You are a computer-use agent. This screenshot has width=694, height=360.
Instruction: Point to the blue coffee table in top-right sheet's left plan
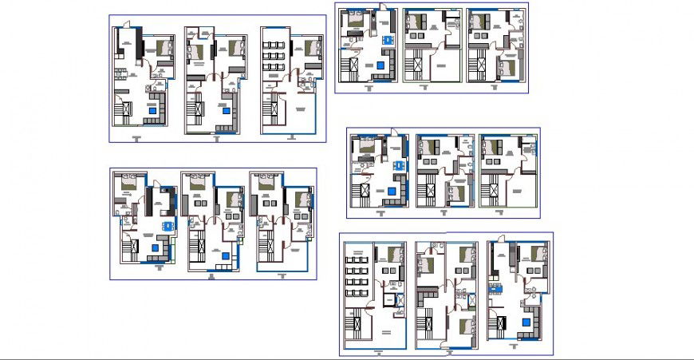click(380, 65)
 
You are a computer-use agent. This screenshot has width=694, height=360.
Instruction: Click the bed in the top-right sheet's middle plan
click(420, 22)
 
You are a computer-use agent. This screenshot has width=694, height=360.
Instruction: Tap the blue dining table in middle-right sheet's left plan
click(400, 166)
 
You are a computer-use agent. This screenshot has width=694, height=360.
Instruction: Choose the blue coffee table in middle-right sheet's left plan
click(392, 192)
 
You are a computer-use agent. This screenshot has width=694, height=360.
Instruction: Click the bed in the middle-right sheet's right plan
click(495, 147)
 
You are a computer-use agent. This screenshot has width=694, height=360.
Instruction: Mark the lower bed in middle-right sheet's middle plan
click(455, 192)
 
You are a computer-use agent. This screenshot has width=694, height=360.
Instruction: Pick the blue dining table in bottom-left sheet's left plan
click(166, 227)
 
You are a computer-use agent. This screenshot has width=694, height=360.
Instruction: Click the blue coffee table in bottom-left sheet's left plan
click(156, 248)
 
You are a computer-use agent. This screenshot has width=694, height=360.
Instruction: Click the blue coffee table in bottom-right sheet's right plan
click(525, 321)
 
